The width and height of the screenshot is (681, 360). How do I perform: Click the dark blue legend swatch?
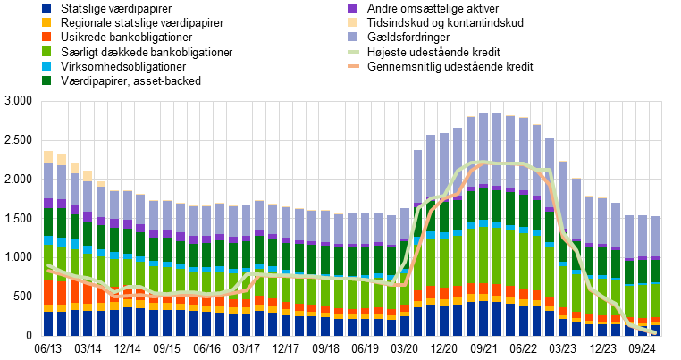pos(46,8)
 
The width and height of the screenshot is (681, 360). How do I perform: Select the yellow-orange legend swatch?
pos(46,22)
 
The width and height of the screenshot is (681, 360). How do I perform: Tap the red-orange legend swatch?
pos(46,37)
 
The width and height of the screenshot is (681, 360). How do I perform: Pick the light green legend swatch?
pos(46,51)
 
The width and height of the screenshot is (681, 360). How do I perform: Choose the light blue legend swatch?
pos(46,66)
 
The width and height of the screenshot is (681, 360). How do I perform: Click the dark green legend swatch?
pos(46,80)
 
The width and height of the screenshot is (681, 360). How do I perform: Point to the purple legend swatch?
pos(352,8)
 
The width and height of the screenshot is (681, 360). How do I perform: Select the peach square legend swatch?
pos(352,22)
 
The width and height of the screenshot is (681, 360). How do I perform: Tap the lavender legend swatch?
pos(352,37)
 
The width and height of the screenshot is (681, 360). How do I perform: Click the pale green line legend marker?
pos(353,52)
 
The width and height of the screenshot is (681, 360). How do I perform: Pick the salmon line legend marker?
pos(353,66)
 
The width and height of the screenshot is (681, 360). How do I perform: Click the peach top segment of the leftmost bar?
pos(48,157)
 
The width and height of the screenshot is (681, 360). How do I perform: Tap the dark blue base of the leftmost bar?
pos(48,323)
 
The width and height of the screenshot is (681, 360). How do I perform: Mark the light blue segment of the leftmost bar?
pos(48,240)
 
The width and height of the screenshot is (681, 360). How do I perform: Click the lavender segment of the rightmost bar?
pos(655,236)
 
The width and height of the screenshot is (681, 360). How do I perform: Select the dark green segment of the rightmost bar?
pos(655,271)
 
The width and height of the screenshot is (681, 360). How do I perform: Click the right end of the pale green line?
pos(654,332)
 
